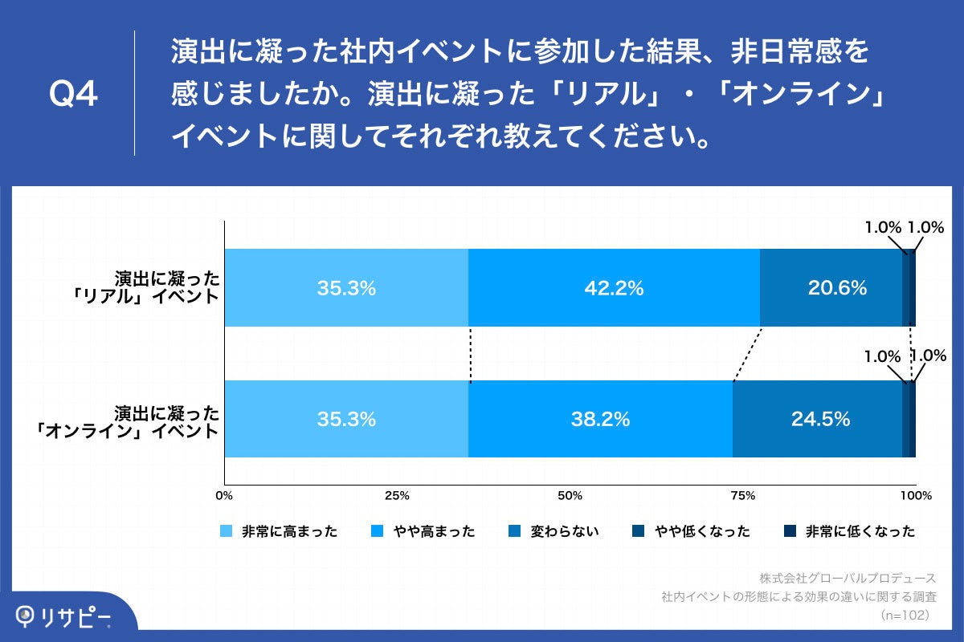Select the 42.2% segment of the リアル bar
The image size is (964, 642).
pos(614,288)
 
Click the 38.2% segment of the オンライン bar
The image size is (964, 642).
pos(600,419)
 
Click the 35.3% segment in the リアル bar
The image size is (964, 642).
pos(346,288)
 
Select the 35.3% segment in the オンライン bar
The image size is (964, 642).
pos(346,419)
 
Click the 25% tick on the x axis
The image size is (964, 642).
pos(397,495)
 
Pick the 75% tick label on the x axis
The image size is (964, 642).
pos(743,495)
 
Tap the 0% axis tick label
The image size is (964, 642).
pos(225,495)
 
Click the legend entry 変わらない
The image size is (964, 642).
pos(554,531)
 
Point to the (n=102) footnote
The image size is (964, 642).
pos(905,615)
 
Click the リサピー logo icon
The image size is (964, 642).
pos(28,617)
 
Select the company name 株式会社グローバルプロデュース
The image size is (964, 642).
pos(848,578)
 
